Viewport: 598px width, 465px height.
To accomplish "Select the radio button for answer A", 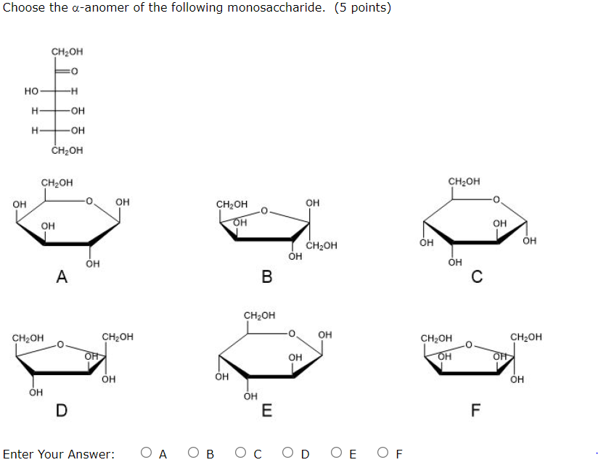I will coord(147,454).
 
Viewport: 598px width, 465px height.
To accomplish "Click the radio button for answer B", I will coord(194,454).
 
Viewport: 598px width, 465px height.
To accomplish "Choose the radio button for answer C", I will coord(241,454).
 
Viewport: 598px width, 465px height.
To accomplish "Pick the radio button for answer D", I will coord(288,454).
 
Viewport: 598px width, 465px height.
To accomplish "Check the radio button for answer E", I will coord(336,454).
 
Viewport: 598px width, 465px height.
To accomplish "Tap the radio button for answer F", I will coord(383,454).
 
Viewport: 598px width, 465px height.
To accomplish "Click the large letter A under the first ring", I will coord(62,276).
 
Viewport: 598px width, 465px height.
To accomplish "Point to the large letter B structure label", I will coord(267,276).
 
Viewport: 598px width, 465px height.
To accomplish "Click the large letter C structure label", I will coord(476,276).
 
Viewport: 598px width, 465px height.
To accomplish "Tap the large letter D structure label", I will coord(62,411).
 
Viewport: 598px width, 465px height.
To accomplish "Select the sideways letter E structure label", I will coord(267,411).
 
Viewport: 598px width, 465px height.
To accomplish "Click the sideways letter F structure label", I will coord(476,411).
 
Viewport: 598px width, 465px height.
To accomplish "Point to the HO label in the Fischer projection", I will coord(31,91).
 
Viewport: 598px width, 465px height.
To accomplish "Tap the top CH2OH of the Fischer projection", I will coord(67,52).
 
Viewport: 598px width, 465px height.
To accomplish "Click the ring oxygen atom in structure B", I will coord(265,211).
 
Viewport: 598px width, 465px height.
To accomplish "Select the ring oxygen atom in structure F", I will coord(469,345).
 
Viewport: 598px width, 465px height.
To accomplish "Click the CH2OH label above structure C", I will coord(464,181).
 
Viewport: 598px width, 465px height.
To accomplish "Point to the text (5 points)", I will coord(363,8).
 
